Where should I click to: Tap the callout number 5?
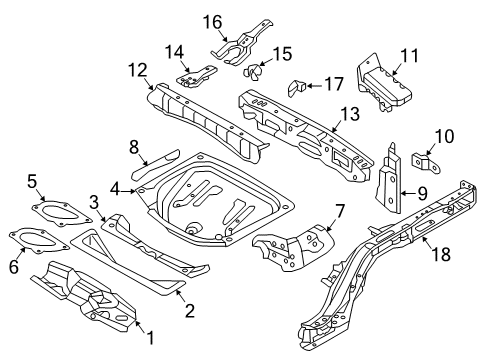(x=32, y=181)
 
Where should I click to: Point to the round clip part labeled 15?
(x=254, y=72)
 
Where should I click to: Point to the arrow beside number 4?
(x=133, y=187)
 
